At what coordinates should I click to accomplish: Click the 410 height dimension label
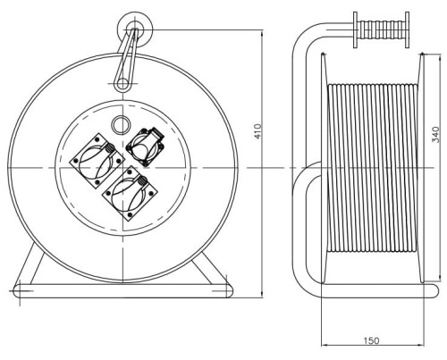click(258, 131)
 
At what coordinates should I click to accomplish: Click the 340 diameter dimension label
click(435, 135)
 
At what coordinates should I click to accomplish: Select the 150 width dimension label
click(372, 340)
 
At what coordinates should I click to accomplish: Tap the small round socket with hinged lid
click(146, 147)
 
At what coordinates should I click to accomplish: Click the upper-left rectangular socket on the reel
click(97, 161)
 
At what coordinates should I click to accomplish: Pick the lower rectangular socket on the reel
click(130, 193)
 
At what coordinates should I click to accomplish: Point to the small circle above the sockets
click(121, 124)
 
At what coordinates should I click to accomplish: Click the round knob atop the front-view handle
click(135, 29)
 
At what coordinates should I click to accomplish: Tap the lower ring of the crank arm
click(122, 84)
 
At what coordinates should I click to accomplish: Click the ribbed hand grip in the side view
click(382, 29)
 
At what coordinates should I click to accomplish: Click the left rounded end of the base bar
click(19, 291)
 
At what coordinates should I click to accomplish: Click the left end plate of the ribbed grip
click(356, 29)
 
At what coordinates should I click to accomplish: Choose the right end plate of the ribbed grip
click(408, 29)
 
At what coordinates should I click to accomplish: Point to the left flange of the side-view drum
click(324, 168)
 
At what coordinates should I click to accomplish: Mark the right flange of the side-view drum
click(421, 168)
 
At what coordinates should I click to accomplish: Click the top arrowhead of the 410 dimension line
click(262, 33)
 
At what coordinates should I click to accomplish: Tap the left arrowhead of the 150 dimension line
click(325, 346)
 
